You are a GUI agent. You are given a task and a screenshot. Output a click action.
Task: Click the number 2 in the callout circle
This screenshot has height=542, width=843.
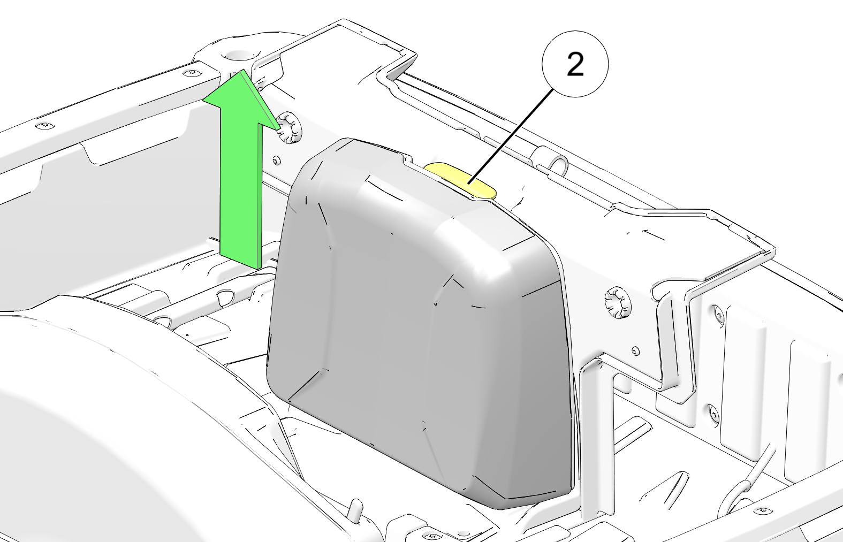575,64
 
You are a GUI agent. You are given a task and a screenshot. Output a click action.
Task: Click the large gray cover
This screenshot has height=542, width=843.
417,324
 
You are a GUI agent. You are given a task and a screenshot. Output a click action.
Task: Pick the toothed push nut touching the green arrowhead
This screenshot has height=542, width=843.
289,127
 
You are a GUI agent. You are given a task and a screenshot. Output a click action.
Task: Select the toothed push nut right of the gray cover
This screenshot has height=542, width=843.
618,302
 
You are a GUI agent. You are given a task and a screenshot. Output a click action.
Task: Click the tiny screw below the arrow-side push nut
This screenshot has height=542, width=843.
277,161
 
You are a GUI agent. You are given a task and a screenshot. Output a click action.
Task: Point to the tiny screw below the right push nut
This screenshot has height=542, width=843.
636,352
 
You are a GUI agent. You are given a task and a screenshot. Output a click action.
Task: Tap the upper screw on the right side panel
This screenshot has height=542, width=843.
717,314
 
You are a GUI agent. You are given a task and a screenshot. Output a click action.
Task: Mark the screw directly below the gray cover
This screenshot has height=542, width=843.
431,535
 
